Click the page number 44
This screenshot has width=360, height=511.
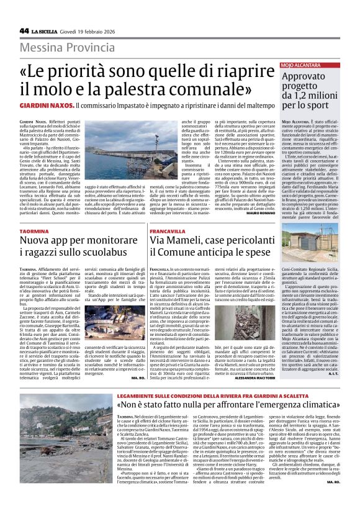24,30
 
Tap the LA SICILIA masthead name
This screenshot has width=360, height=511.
47,31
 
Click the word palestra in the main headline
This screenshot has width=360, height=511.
147,88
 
